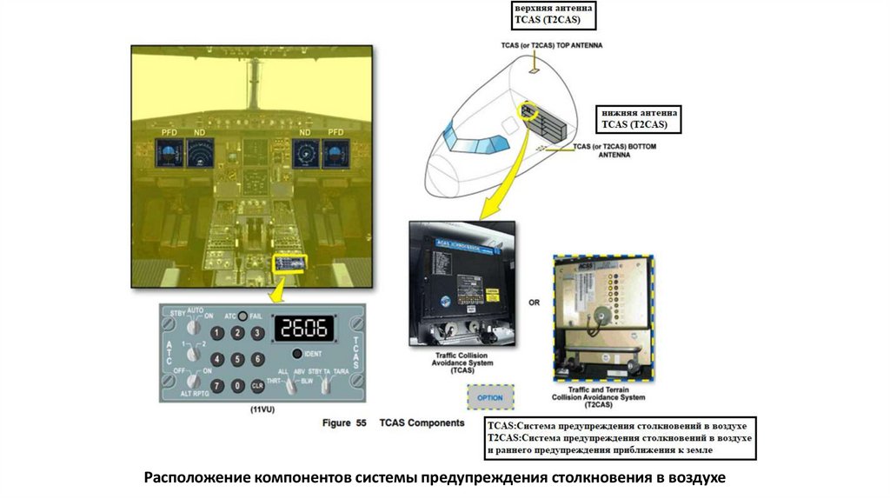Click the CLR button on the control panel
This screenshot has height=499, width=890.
257,385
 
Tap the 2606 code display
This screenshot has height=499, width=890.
304,329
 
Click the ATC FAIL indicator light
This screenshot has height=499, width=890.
242,316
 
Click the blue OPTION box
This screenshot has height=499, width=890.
490,397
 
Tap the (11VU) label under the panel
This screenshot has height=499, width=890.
262,409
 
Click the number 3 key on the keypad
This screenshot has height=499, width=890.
257,333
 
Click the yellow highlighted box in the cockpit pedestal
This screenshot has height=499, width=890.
289,263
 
